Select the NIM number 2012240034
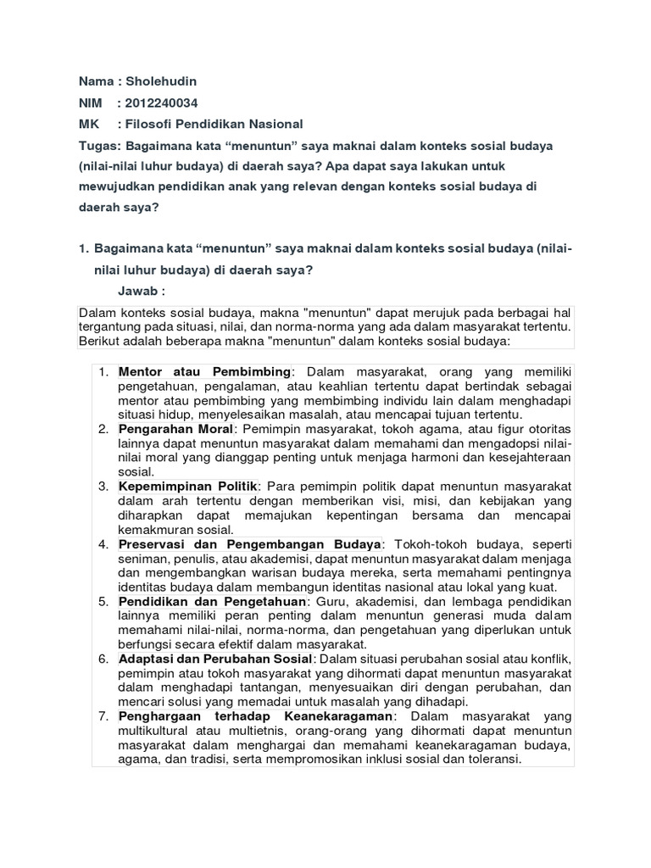point(162,103)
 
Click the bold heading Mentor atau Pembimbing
point(205,372)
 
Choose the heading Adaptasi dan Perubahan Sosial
point(216,659)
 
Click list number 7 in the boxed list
point(103,716)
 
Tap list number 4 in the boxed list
point(103,543)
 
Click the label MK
point(88,125)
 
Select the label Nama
point(95,82)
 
